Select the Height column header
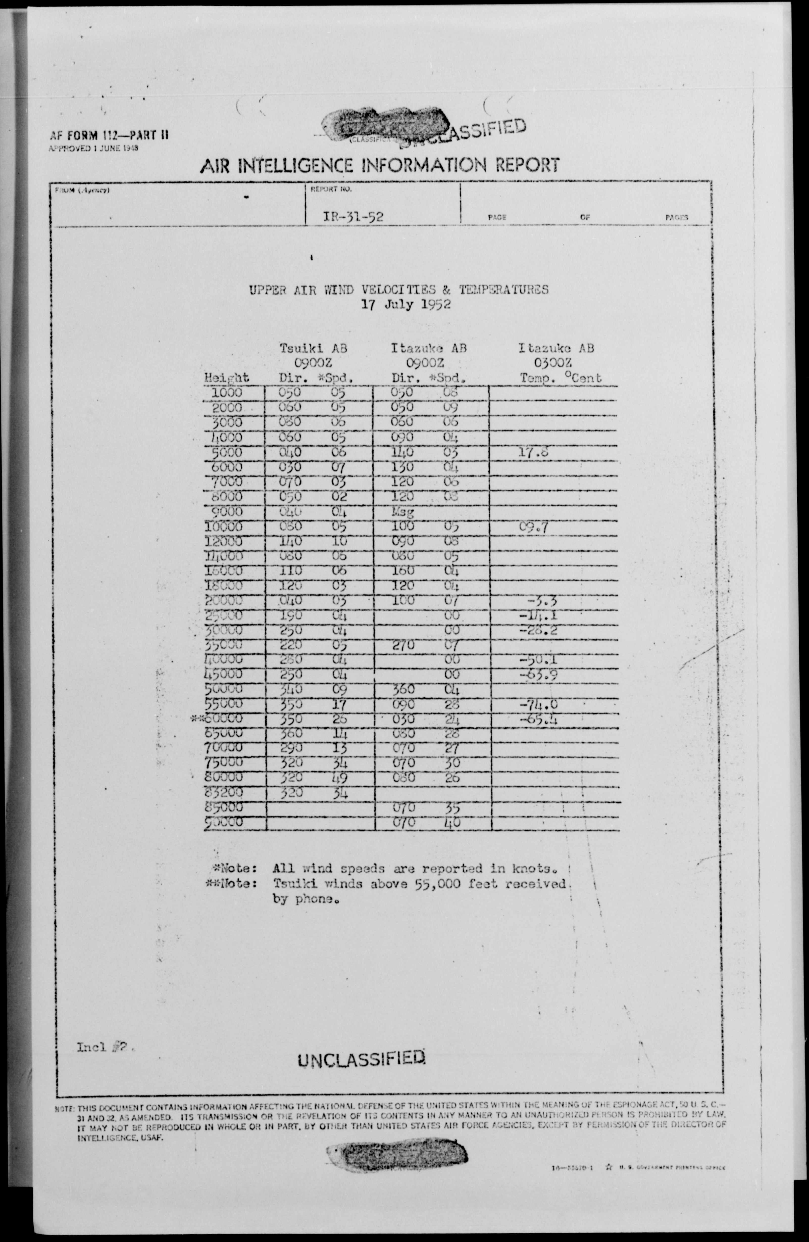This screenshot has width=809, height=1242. [227, 378]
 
